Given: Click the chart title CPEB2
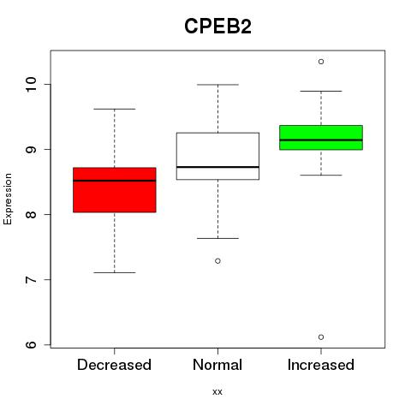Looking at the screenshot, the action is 217,27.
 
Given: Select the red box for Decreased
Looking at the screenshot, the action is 115,190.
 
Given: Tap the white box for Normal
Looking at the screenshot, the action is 217,156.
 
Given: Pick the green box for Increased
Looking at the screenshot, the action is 321,137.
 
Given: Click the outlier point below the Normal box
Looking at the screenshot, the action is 217,261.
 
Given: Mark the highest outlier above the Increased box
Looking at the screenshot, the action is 321,62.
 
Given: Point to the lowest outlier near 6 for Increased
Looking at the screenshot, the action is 321,337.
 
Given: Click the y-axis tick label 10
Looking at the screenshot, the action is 31,84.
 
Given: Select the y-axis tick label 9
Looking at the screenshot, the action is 31,149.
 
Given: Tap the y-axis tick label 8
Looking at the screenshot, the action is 31,214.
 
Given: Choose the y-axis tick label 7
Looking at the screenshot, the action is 31,279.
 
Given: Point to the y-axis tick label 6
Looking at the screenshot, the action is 31,344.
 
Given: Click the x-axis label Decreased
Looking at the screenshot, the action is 114,365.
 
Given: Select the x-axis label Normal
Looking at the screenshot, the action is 217,365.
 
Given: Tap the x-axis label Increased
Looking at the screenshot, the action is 321,365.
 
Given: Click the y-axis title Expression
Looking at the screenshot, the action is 8,199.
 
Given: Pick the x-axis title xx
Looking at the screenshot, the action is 217,392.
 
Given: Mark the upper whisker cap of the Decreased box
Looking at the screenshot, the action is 115,109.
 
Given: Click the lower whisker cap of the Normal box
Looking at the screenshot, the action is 217,238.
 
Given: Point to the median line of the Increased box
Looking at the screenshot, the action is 321,140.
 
